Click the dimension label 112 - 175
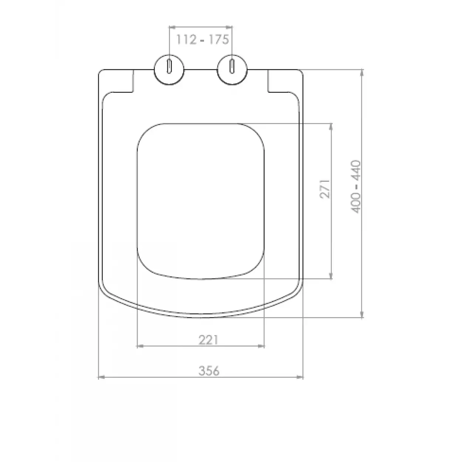pos(203,40)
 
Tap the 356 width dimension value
pos(209,371)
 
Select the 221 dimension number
pos(208,340)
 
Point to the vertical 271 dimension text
pos(325,189)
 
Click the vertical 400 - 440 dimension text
pos(356,187)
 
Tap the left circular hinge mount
pos(169,70)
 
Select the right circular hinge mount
pos(232,70)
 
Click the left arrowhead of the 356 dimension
pos(101,377)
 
